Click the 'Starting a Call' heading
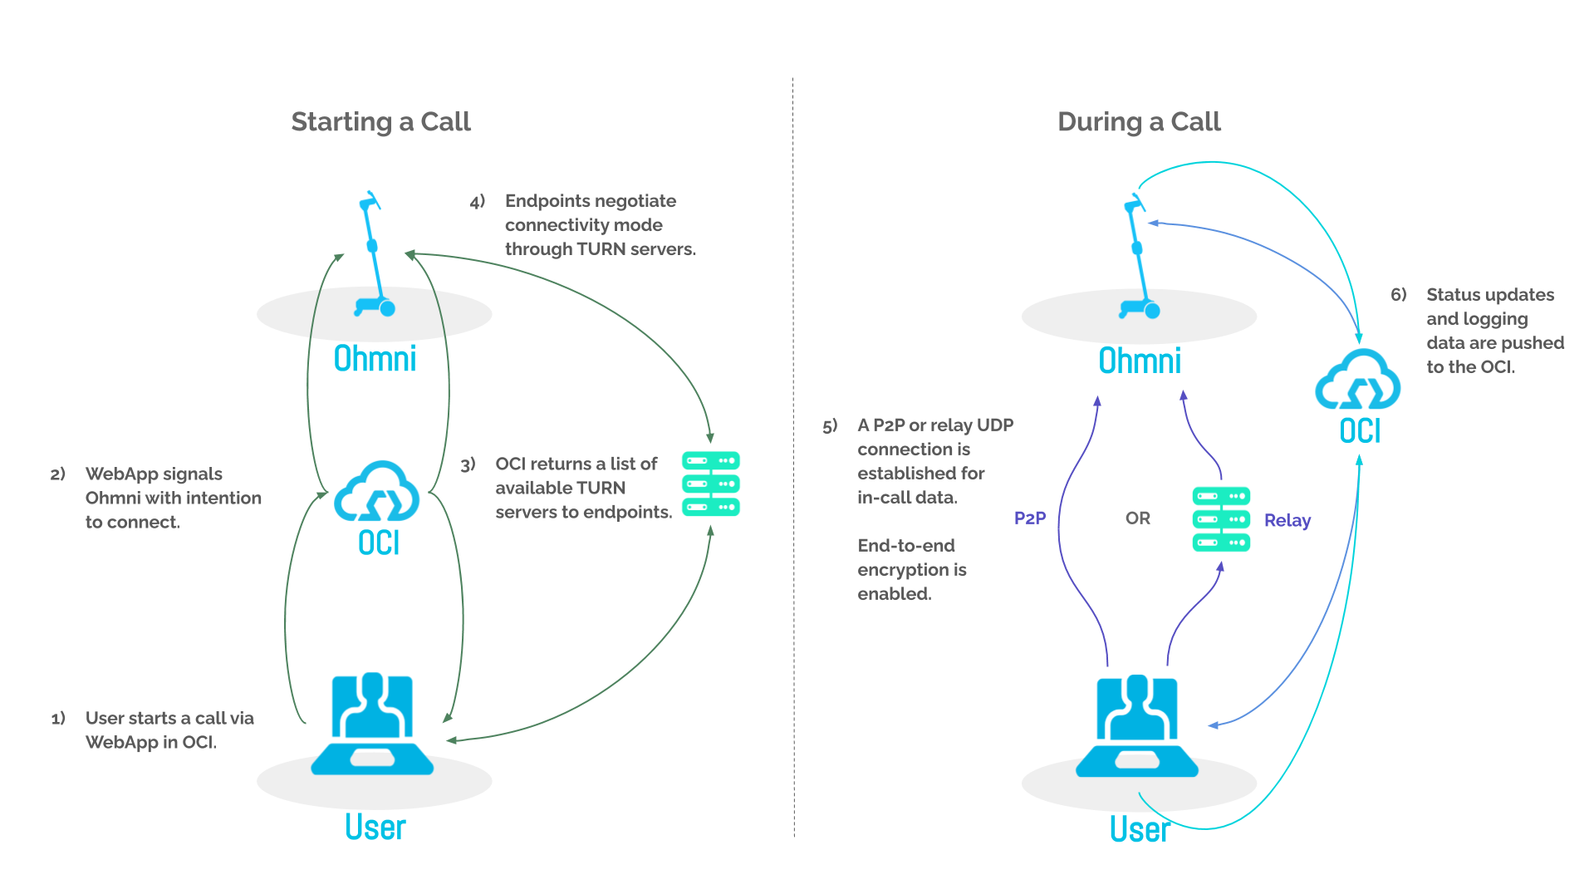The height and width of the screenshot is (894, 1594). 380,122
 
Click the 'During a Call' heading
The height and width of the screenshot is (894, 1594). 1139,122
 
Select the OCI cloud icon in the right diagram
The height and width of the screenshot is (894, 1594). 1357,380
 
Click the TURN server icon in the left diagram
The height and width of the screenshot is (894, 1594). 711,484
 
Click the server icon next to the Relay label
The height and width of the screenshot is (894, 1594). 1221,519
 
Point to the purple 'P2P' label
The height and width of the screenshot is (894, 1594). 1030,518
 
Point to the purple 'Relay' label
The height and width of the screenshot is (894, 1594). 1287,520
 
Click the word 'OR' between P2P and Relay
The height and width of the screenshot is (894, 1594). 1138,518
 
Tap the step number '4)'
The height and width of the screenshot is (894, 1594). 477,202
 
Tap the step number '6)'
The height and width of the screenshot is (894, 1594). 1399,295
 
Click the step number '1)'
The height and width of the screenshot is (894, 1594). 58,719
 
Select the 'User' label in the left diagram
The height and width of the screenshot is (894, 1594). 375,828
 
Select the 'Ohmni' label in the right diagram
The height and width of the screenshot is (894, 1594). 1140,361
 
